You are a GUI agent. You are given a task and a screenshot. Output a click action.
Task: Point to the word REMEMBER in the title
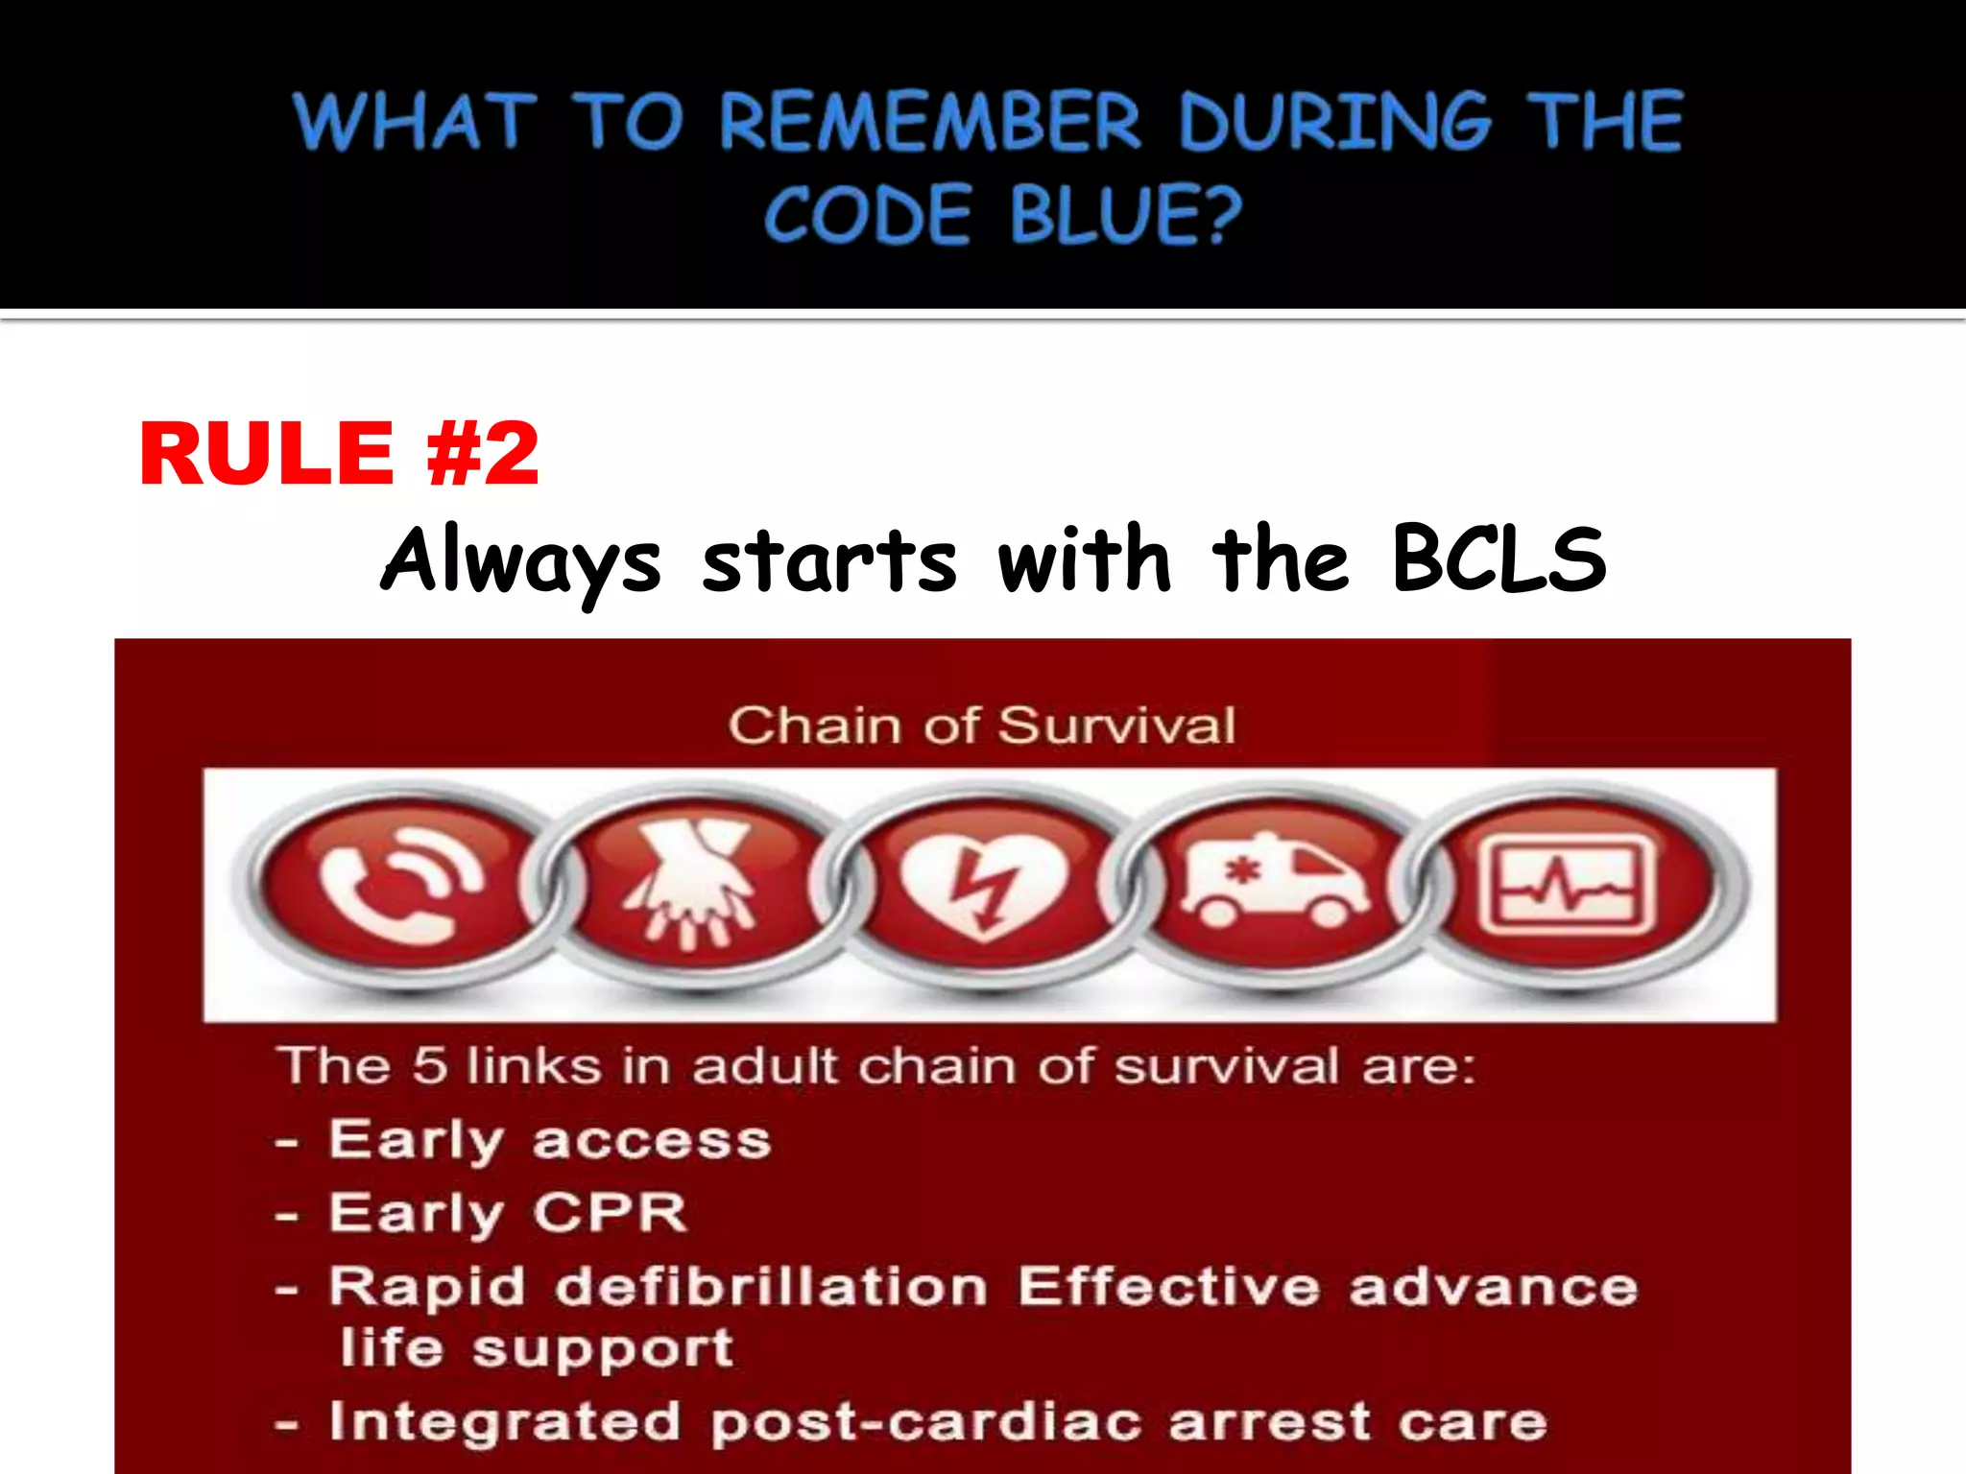point(929,122)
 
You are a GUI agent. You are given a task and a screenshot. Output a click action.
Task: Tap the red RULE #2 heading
point(339,454)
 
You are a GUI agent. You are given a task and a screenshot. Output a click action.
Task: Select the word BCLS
point(1498,559)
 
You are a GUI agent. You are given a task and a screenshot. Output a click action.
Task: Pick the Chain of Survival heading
point(981,725)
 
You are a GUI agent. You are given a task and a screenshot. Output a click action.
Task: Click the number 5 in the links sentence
point(430,1065)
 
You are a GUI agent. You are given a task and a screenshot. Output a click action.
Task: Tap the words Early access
point(550,1140)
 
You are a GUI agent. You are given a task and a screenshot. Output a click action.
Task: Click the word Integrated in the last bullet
point(505,1421)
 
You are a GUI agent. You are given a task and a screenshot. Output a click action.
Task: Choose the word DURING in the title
point(1334,122)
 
